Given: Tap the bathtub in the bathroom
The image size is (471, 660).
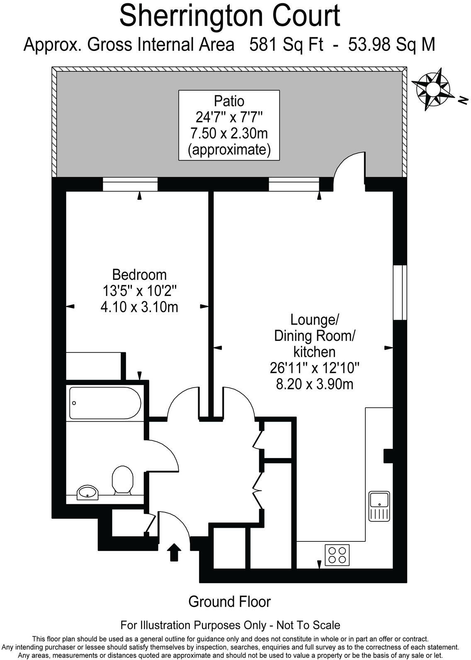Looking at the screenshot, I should (105, 403).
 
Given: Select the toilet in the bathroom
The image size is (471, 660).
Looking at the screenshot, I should (122, 480).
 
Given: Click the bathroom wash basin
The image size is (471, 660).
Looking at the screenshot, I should (87, 492).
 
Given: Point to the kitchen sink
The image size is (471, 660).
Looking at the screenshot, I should (379, 506).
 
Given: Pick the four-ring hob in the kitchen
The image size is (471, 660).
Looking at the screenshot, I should (337, 555).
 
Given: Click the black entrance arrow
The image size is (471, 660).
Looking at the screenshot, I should (174, 552).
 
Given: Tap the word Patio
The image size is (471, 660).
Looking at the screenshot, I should (229, 101).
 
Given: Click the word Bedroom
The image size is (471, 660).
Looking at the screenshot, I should (139, 274).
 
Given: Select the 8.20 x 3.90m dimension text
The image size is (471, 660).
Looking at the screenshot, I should (314, 384).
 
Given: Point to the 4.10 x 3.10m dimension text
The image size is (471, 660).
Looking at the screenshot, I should (139, 307).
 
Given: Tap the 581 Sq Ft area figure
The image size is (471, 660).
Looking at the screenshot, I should (286, 44).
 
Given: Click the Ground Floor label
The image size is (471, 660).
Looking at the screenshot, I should (229, 602).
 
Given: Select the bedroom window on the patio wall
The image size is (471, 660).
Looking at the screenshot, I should (130, 184).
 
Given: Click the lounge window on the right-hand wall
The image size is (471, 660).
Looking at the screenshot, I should (400, 293).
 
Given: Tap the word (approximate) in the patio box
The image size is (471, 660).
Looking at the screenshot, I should (229, 149).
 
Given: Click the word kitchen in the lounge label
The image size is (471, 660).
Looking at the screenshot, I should (314, 352).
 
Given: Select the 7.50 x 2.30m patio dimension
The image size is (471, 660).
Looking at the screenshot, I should (229, 133).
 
